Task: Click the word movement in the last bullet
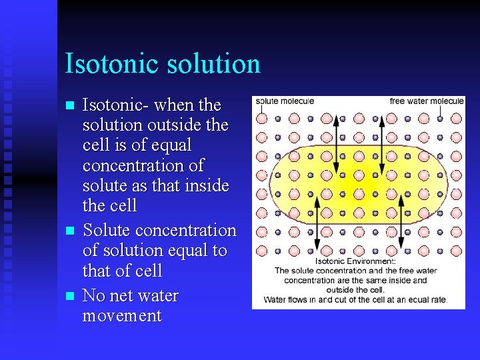pos(121,315)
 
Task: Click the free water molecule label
pos(427,101)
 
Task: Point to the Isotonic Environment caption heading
pos(355,261)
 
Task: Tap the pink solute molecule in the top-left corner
pos(262,119)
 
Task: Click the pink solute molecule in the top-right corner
pos(456,119)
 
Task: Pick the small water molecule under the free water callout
pos(440,119)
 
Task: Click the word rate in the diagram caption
pos(437,299)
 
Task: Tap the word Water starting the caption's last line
pos(276,299)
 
